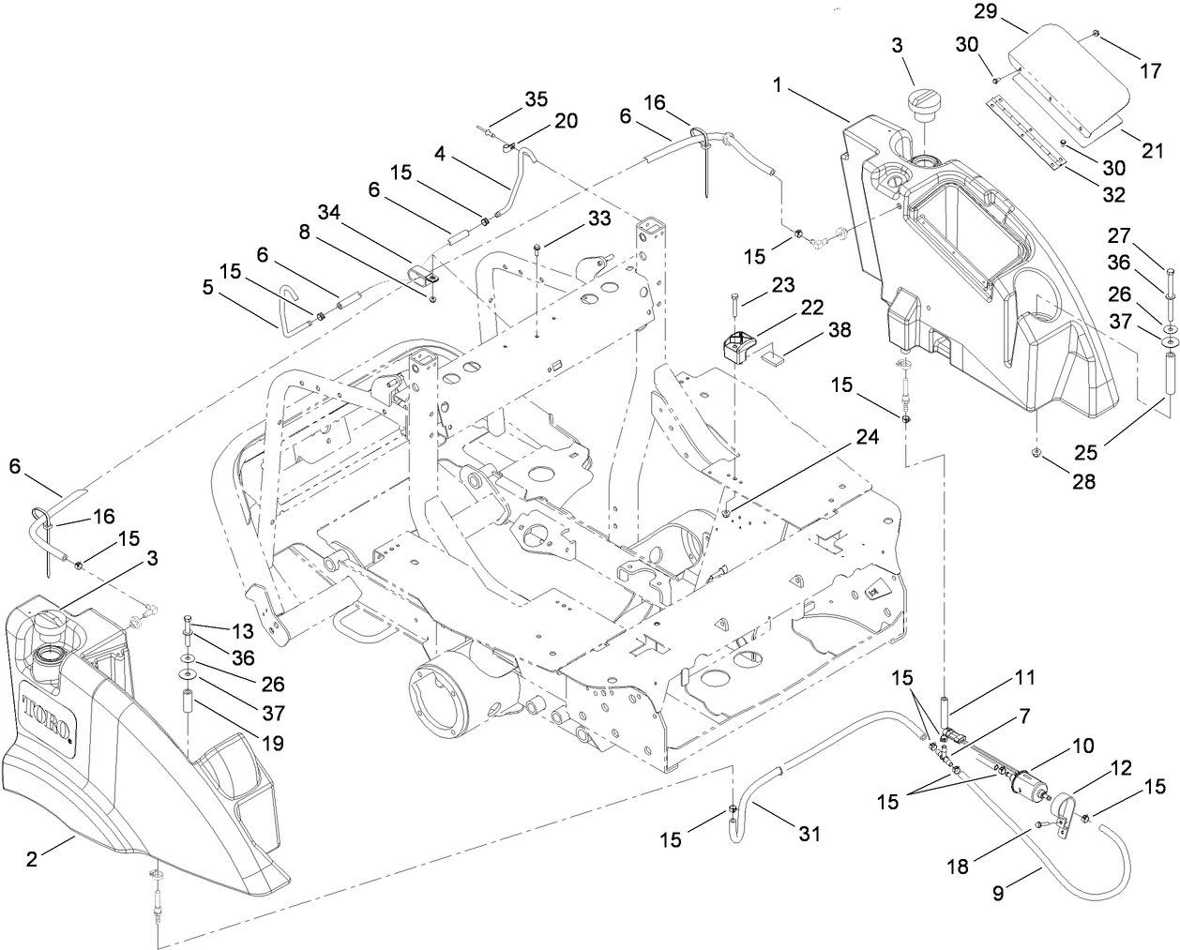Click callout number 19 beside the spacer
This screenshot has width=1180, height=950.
(273, 744)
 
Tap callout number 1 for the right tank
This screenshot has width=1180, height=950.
(778, 84)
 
